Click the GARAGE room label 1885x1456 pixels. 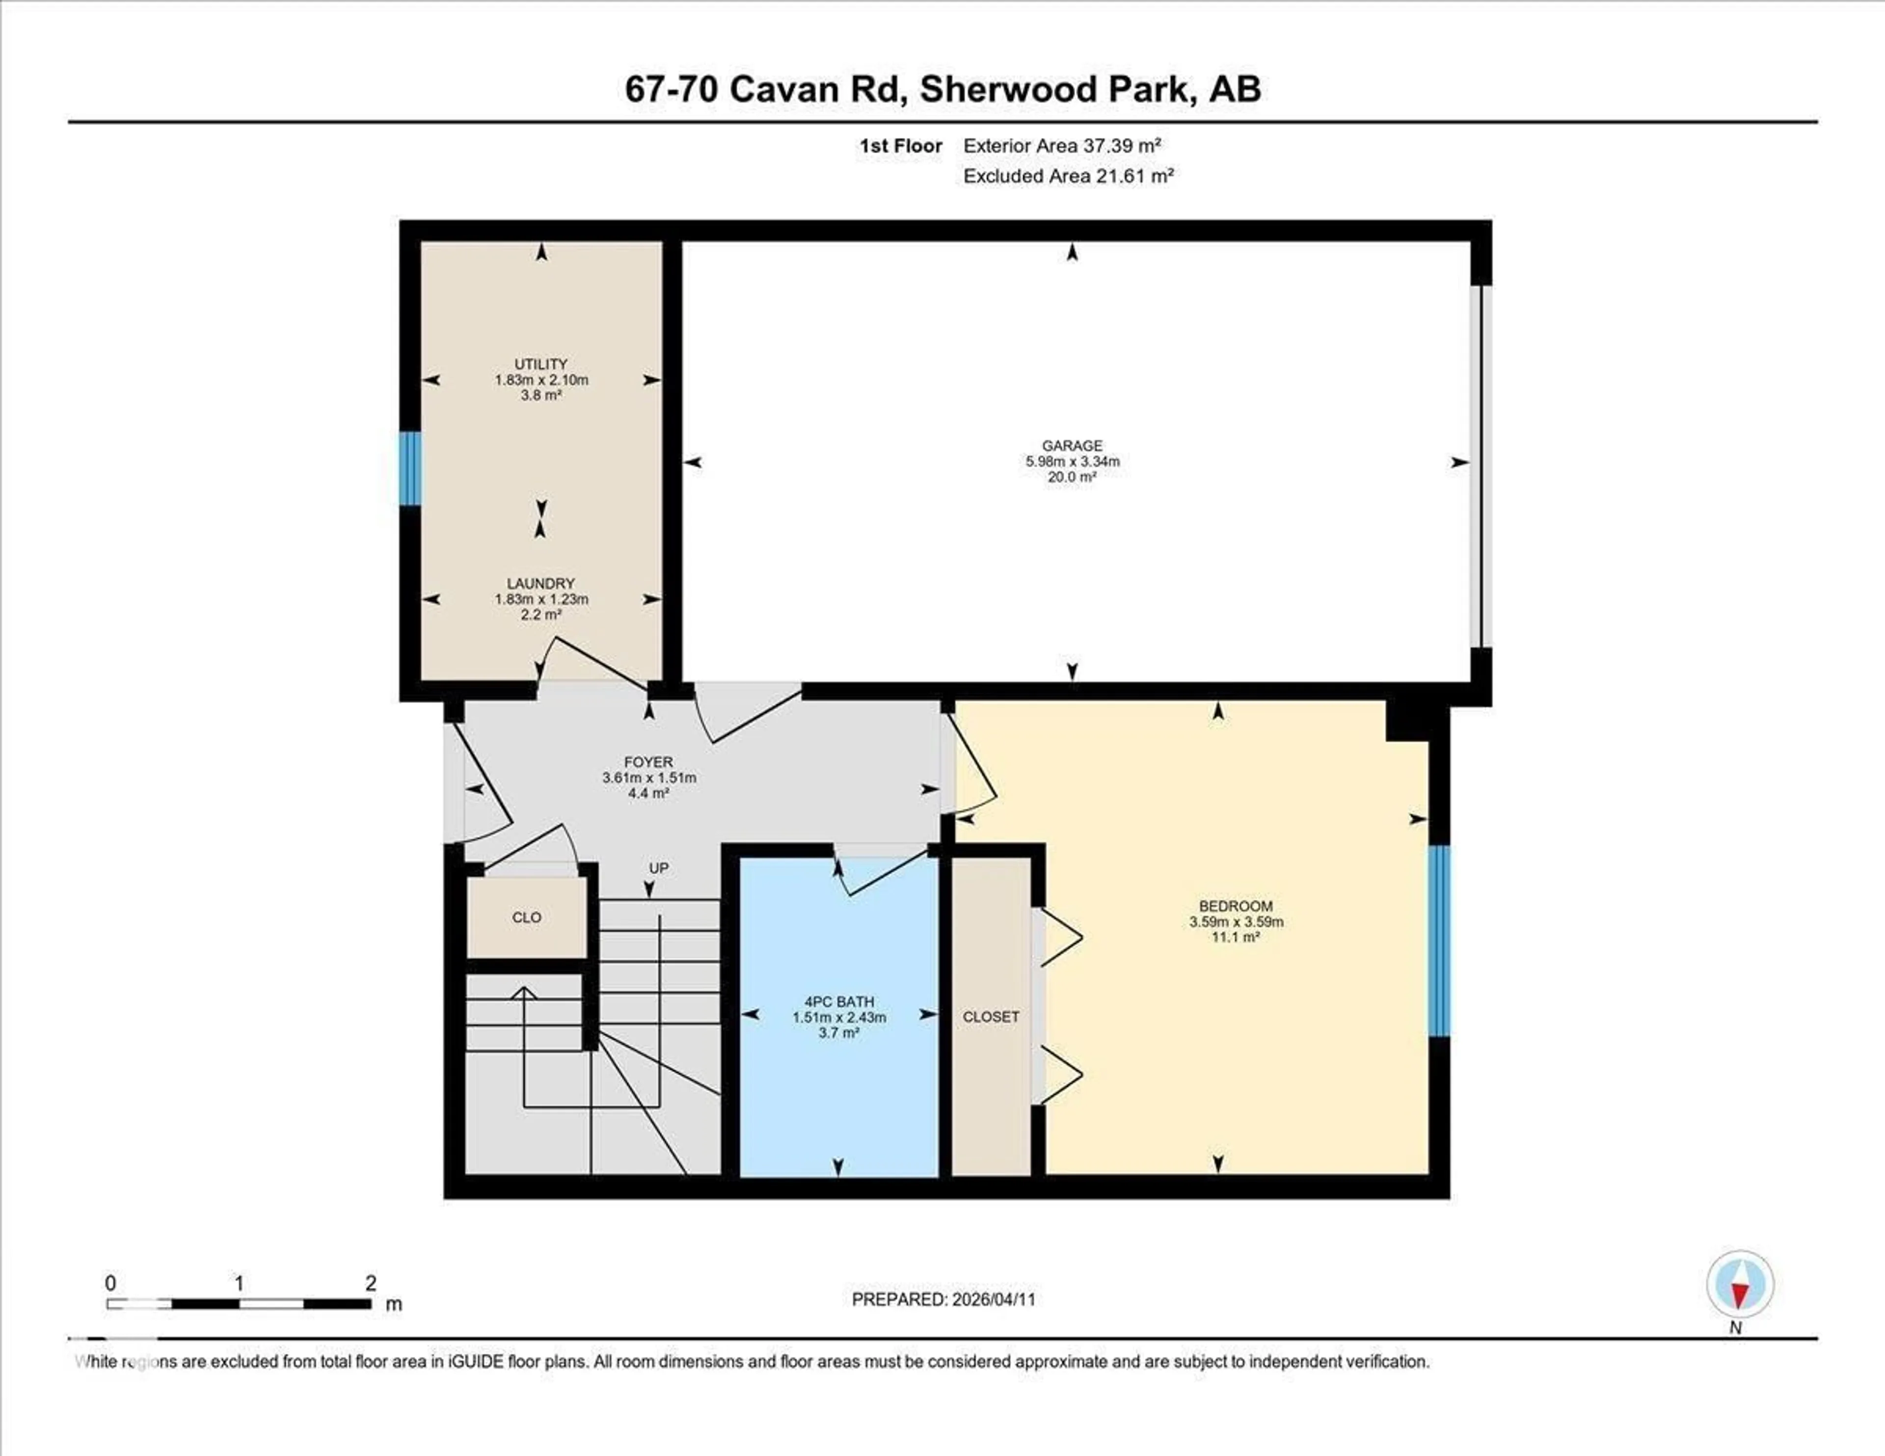coord(1072,445)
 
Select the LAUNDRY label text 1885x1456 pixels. coord(541,584)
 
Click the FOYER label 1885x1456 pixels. coord(648,762)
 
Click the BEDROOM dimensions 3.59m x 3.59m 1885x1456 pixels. coord(1236,922)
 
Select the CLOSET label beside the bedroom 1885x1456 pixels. coord(991,1017)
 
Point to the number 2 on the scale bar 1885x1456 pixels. coord(370,1283)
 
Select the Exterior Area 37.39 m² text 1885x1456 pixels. coord(1062,146)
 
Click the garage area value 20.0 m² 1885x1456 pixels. coord(1072,476)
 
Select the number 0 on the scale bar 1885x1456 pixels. coord(110,1283)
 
